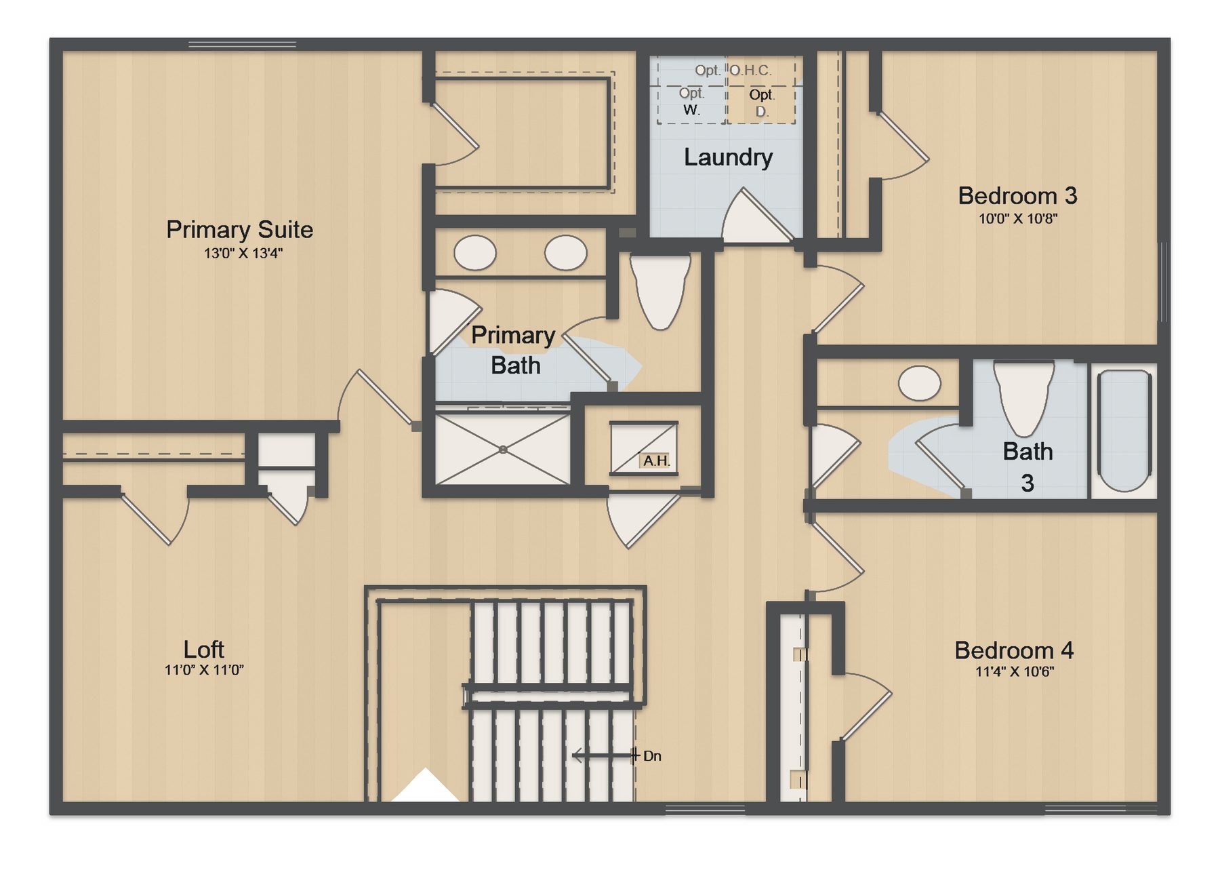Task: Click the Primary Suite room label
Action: coord(239,230)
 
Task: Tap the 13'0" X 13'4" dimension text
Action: coord(243,254)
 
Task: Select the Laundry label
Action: coord(728,157)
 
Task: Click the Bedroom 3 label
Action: coord(1017,196)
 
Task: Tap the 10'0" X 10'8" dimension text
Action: coord(1018,219)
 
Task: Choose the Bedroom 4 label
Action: coord(1014,650)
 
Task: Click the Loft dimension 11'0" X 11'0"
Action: coord(204,670)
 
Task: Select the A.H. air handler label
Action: coord(656,461)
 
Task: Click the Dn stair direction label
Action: coord(652,756)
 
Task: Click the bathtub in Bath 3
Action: coord(1124,431)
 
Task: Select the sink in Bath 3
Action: coord(920,383)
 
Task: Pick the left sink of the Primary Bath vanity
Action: coord(475,253)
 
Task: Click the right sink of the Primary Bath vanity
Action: coord(566,253)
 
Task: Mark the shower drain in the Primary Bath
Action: coord(503,450)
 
